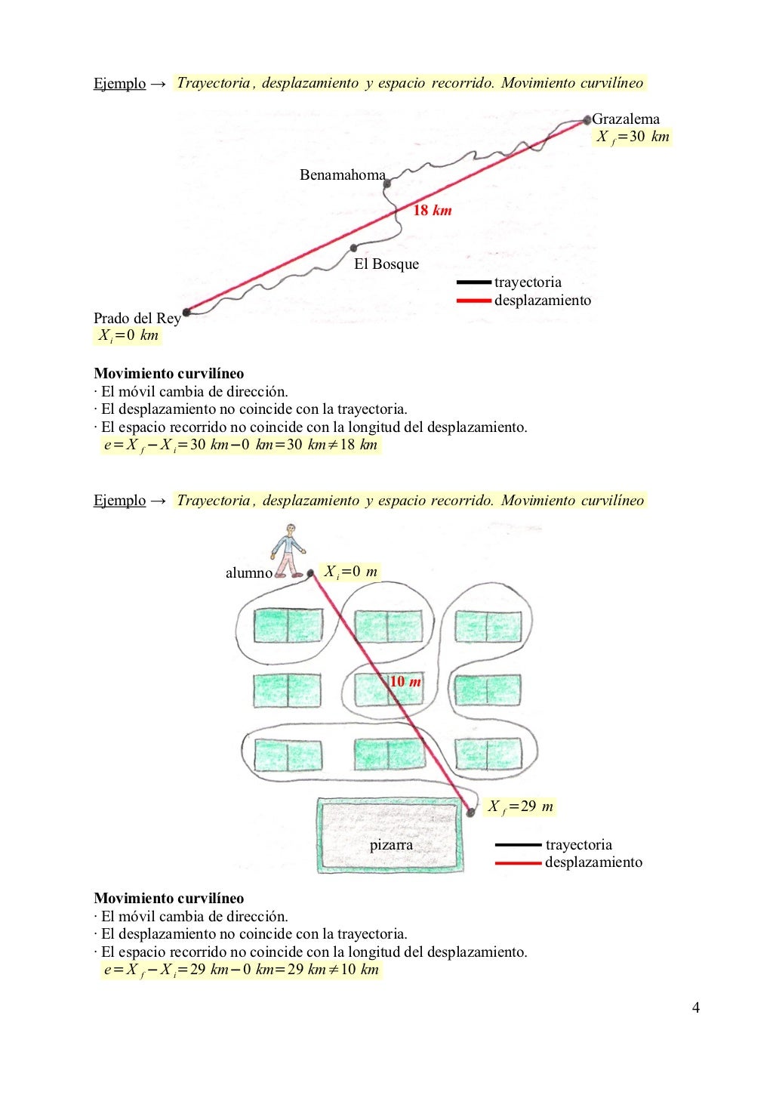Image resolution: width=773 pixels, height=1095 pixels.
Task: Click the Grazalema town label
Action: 626,119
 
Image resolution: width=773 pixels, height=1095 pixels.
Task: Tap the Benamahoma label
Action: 342,175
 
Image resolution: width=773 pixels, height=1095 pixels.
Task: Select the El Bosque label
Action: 386,264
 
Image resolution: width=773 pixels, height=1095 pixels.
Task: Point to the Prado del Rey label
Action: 137,318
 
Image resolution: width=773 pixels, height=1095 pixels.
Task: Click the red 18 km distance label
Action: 432,211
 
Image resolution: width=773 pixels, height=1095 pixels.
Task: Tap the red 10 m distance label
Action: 405,682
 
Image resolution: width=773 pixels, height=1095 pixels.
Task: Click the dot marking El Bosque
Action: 353,248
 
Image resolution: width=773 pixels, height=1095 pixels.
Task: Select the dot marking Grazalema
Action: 587,119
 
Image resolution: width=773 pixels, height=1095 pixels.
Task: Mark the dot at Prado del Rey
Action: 186,312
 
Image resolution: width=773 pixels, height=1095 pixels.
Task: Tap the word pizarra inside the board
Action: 391,844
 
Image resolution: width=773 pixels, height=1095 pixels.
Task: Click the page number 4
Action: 695,1007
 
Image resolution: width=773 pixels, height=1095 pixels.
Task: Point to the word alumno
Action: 249,573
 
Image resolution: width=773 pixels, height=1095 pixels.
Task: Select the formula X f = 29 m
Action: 520,807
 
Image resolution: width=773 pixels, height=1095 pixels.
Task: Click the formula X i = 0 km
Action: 128,335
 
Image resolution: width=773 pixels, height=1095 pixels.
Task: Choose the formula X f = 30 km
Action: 633,137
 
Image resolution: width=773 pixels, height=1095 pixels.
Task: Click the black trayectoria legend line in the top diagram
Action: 474,282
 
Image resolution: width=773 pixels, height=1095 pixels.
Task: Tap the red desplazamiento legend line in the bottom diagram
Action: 518,862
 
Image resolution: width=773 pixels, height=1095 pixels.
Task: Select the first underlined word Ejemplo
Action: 119,84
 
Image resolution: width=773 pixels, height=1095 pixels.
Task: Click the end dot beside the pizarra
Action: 470,813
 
